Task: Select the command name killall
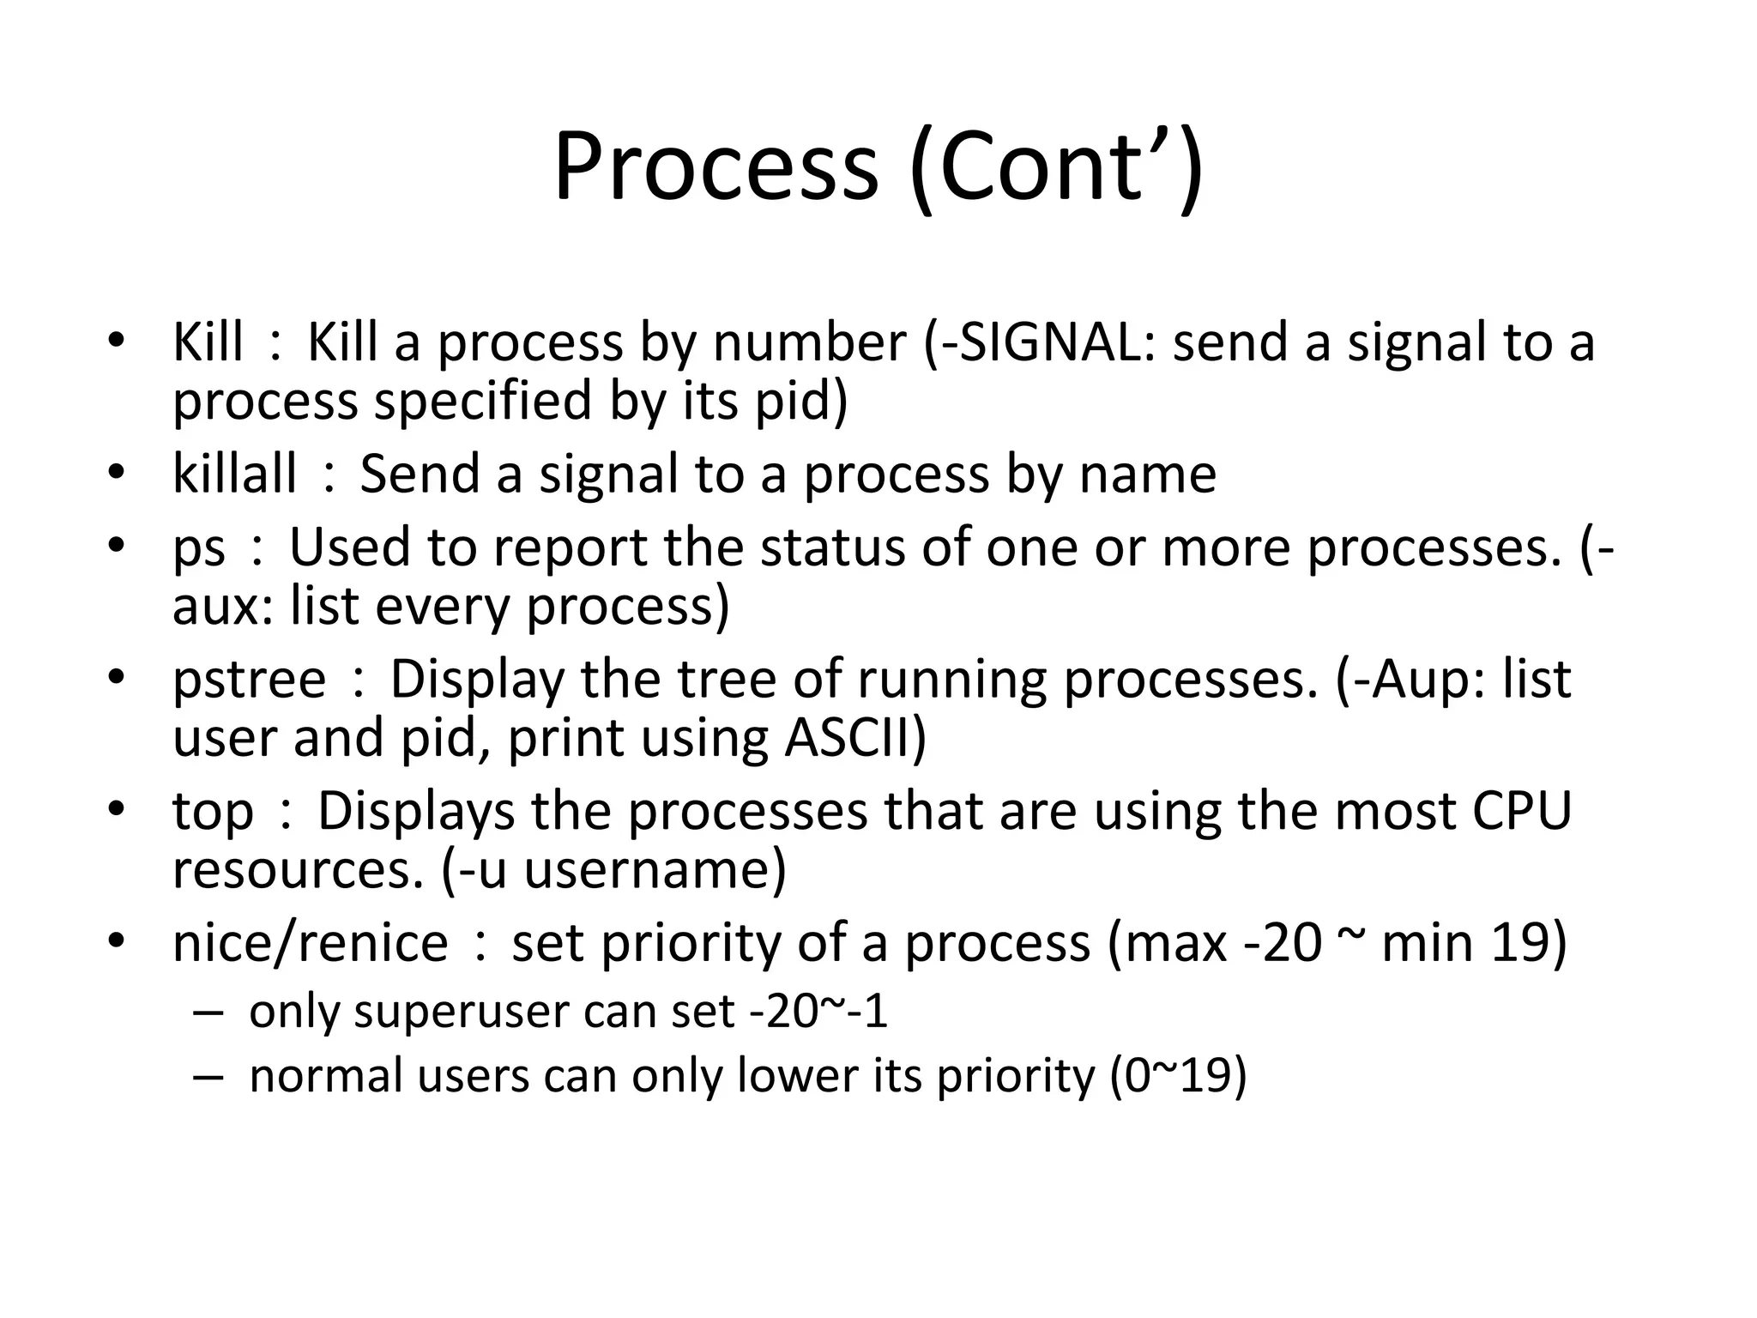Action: [x=234, y=474]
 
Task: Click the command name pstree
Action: [x=250, y=679]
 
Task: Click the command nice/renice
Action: [x=310, y=942]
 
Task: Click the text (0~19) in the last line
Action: [x=1177, y=1075]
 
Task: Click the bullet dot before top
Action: [x=117, y=809]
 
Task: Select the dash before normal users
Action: [x=208, y=1076]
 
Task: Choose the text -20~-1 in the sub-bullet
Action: [x=818, y=1012]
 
